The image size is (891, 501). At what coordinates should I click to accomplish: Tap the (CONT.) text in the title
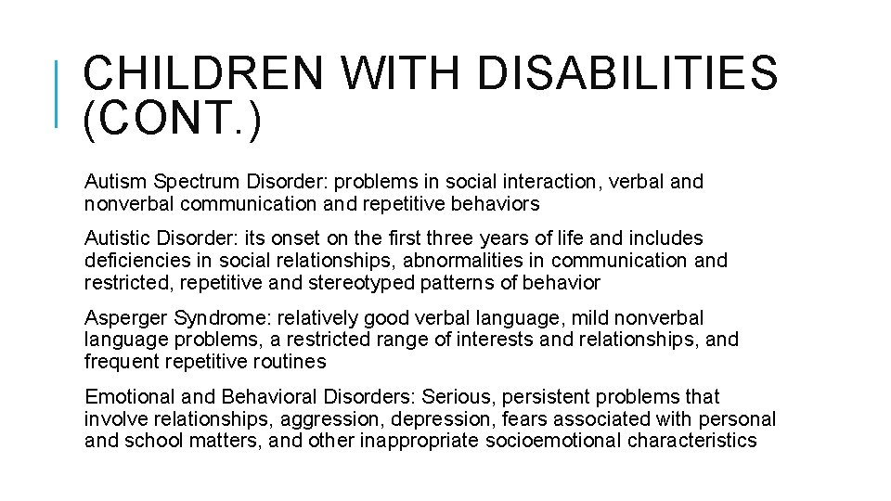pos(173,121)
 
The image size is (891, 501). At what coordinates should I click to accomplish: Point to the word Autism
pos(111,181)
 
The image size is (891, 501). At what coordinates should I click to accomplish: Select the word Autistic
pos(115,238)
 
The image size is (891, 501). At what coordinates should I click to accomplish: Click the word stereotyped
pos(358,283)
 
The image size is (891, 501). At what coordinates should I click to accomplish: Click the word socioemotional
pos(553,441)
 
